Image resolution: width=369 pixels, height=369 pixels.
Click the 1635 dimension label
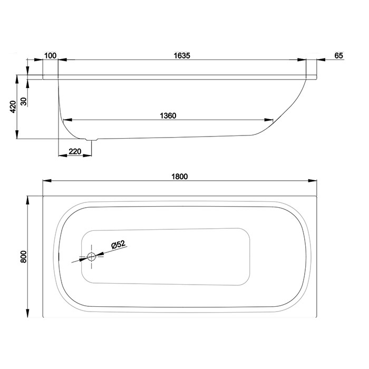(x=182, y=55)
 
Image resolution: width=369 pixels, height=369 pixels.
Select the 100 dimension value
(x=51, y=55)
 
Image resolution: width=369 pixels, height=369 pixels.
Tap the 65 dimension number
(x=338, y=55)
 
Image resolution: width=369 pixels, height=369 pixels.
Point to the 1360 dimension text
(x=168, y=116)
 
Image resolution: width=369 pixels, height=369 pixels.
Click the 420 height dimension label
(x=13, y=106)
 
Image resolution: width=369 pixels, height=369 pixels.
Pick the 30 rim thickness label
(x=24, y=102)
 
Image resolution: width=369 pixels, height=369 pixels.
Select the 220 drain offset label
(x=75, y=151)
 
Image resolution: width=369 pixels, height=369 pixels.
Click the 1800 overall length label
(x=180, y=177)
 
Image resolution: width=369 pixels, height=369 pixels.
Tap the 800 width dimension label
(x=24, y=257)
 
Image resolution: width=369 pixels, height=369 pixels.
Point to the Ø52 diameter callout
(x=119, y=245)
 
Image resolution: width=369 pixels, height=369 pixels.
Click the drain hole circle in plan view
(x=91, y=257)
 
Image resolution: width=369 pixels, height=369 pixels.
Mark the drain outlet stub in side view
(x=92, y=140)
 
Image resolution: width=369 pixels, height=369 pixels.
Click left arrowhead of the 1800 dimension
(x=47, y=181)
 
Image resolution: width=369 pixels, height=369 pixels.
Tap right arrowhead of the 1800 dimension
(x=313, y=181)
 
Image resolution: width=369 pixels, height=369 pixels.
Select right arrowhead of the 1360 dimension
(x=269, y=120)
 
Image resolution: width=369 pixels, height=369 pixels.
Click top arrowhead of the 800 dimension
(x=27, y=200)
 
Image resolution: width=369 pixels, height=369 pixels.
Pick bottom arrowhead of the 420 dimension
(x=17, y=134)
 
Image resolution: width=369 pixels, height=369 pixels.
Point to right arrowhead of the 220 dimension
(x=88, y=156)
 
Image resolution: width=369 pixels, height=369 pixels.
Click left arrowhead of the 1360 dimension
(x=68, y=120)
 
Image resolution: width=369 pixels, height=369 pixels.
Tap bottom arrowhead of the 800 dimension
(x=27, y=313)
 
